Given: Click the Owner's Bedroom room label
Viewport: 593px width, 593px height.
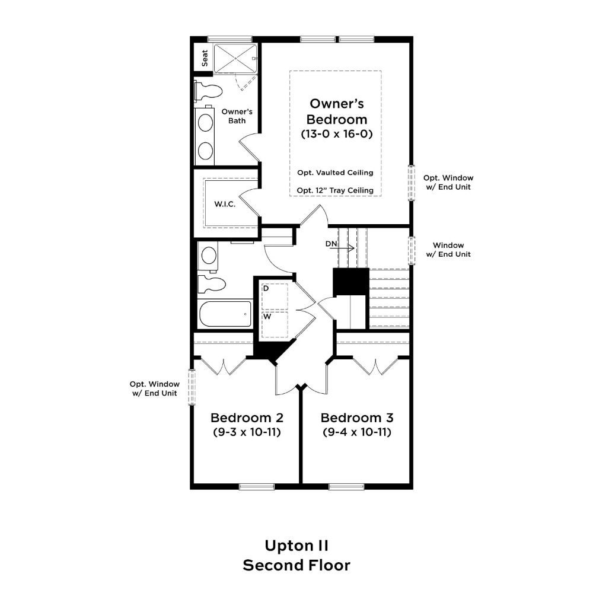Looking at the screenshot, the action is pyautogui.click(x=337, y=111).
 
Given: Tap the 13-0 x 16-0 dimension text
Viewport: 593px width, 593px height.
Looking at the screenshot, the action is pyautogui.click(x=337, y=134).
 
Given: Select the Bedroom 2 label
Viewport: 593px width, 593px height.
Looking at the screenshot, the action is pyautogui.click(x=247, y=418).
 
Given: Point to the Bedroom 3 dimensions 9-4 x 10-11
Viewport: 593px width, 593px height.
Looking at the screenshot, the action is pyautogui.click(x=357, y=432).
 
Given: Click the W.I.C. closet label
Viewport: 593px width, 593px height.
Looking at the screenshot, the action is pyautogui.click(x=225, y=204).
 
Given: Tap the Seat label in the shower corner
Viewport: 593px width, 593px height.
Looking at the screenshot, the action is pyautogui.click(x=205, y=58).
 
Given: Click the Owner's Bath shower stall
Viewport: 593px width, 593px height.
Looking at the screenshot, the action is pyautogui.click(x=235, y=58).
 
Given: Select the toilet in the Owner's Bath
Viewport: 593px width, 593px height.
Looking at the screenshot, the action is pyautogui.click(x=208, y=91).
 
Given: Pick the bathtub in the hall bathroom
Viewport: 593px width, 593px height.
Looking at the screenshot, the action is pyautogui.click(x=225, y=314).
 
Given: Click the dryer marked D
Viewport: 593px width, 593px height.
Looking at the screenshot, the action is pyautogui.click(x=275, y=296).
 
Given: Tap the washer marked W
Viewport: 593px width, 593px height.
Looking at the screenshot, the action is pyautogui.click(x=275, y=324).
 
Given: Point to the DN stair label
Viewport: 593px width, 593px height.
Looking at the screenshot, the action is pyautogui.click(x=331, y=244).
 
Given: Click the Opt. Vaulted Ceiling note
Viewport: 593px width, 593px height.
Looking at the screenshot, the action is pyautogui.click(x=335, y=173).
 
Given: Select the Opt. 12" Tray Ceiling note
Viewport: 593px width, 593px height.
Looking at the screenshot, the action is pyautogui.click(x=335, y=190).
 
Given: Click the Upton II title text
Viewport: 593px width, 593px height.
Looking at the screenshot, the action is pyautogui.click(x=296, y=546).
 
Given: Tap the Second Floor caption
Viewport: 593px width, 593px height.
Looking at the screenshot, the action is pyautogui.click(x=296, y=565).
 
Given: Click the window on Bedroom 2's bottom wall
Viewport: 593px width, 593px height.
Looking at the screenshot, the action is pyautogui.click(x=257, y=487).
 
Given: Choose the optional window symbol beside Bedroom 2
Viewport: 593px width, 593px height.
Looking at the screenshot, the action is pyautogui.click(x=192, y=387).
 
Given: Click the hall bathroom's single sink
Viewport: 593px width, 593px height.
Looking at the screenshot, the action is pyautogui.click(x=208, y=256).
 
